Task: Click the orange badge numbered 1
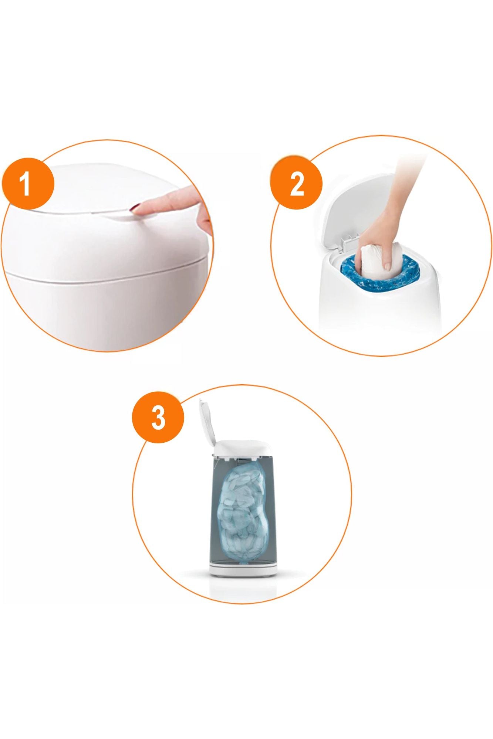pyautogui.click(x=28, y=184)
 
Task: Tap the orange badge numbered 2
pyautogui.click(x=297, y=184)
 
